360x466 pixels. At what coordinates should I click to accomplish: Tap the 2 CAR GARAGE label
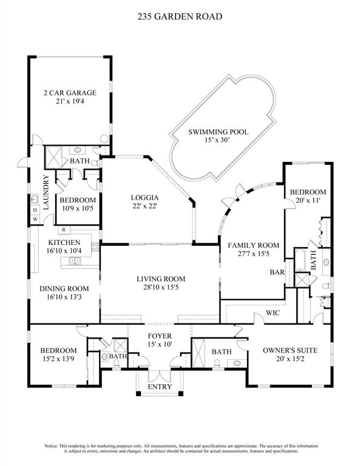pos(70,93)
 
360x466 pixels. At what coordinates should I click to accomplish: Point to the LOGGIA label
pos(145,197)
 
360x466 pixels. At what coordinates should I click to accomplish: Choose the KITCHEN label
pos(64,243)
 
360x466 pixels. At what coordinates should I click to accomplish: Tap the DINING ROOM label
pos(64,288)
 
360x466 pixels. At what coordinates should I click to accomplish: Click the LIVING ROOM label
pos(160,279)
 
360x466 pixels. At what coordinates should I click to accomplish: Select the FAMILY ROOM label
pos(253,245)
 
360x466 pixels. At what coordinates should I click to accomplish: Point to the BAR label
pos(277,273)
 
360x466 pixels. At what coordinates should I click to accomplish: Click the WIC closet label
pos(271,314)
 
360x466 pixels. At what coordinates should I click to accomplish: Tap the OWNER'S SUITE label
pos(290,350)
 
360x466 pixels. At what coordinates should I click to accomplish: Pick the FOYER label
pos(160,336)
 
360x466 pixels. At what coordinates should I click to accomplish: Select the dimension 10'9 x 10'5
pos(77,209)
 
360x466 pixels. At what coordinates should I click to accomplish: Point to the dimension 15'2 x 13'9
pos(59,359)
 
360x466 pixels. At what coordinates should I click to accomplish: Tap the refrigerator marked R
pos(63,229)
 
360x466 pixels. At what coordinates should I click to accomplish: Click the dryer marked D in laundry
pos(35,210)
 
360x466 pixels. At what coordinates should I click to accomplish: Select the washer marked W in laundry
pos(35,218)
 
